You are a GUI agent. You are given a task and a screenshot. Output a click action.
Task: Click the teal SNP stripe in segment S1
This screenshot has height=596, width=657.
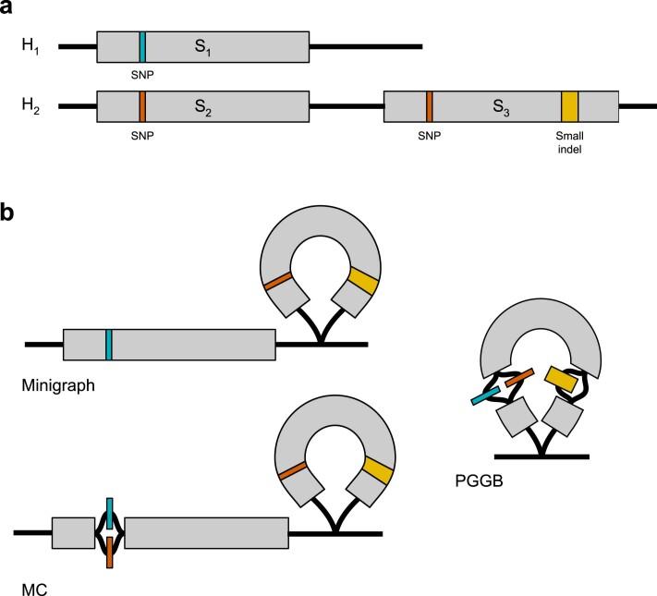142,45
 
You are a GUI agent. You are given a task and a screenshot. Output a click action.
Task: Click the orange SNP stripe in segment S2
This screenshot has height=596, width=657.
142,106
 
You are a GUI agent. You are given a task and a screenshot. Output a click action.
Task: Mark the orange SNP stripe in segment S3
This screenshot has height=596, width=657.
430,106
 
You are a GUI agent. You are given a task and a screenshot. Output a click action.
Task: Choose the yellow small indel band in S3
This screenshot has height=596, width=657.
570,106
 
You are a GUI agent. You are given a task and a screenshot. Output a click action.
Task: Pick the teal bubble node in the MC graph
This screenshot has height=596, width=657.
109,511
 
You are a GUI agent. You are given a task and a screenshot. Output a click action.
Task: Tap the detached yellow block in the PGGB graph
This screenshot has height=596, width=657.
562,378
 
